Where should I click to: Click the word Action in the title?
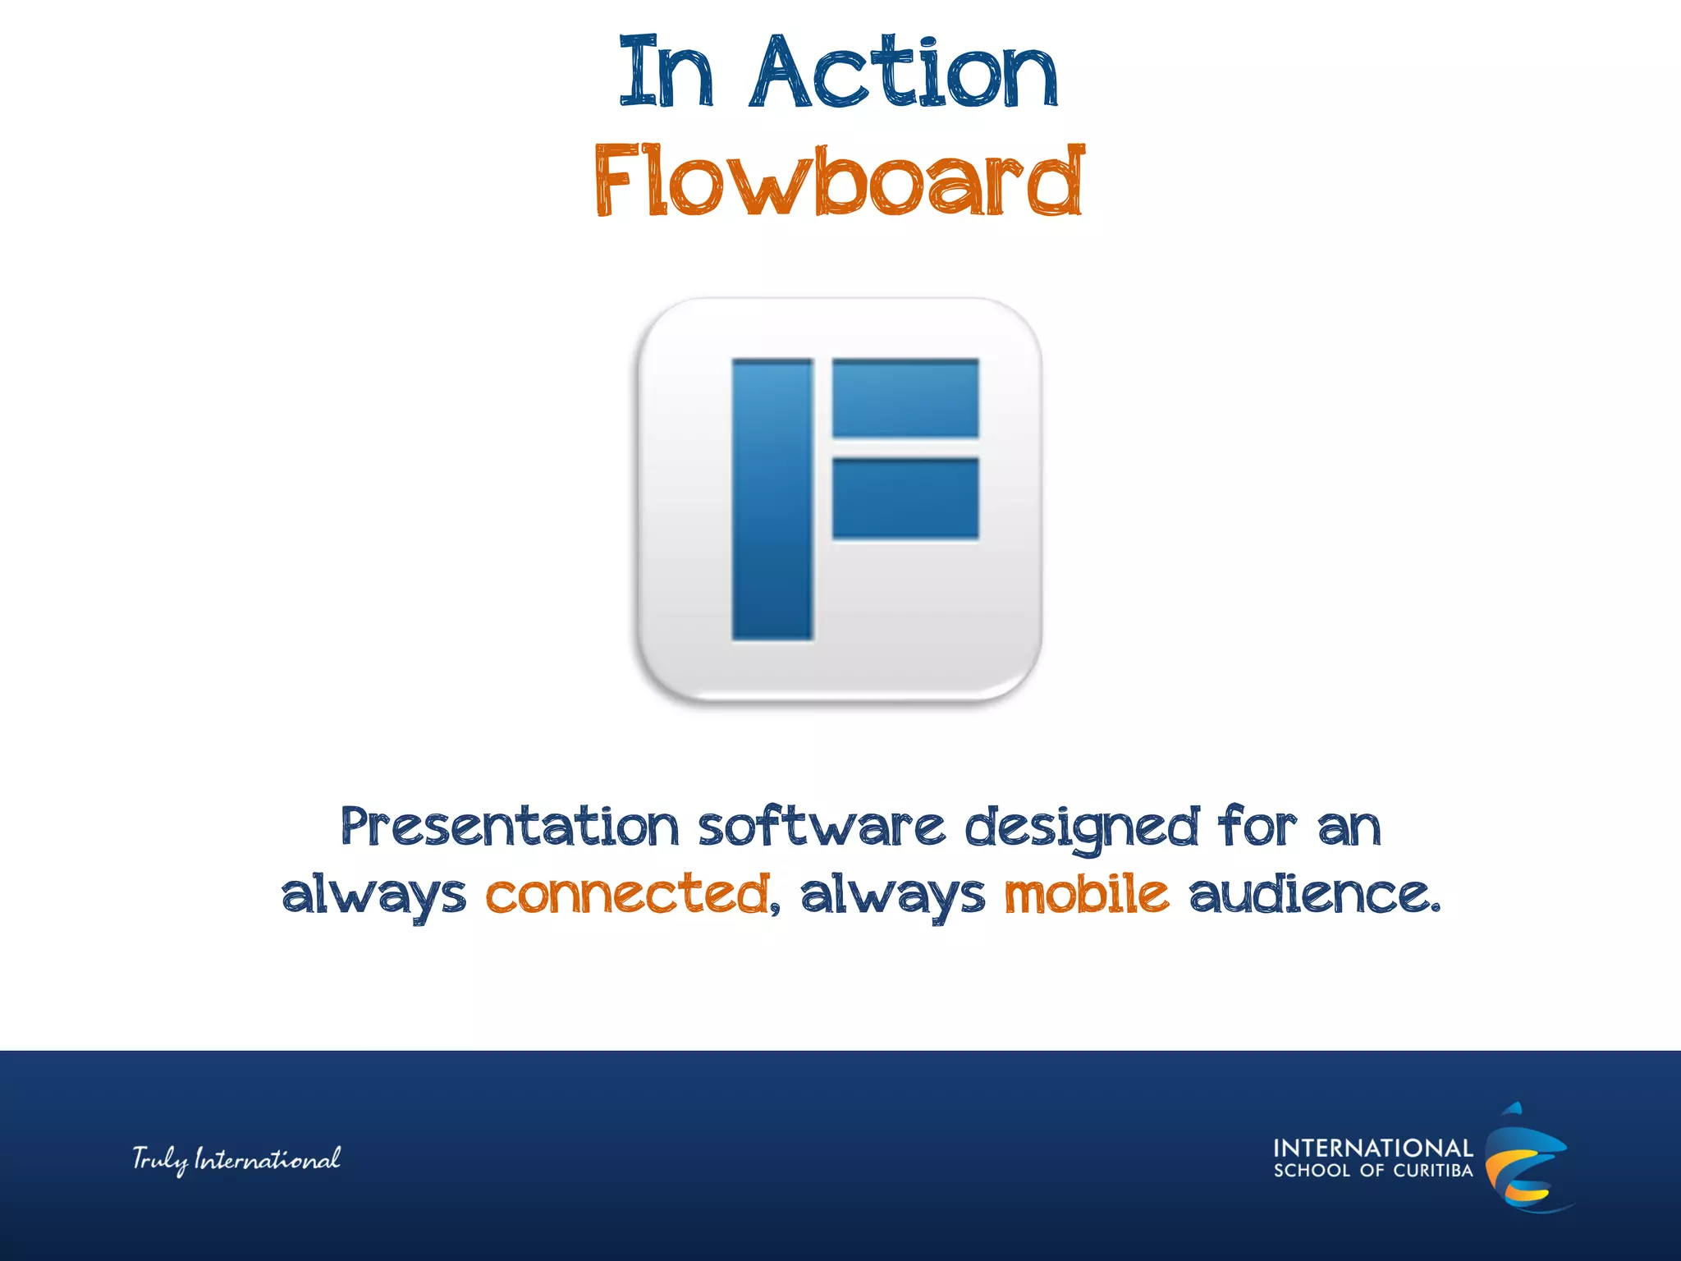pyautogui.click(x=903, y=74)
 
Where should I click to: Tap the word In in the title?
pyautogui.click(x=666, y=74)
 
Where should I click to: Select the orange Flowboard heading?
pyautogui.click(x=839, y=181)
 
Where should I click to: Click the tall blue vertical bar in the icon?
pyautogui.click(x=772, y=499)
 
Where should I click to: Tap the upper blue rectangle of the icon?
pyautogui.click(x=905, y=398)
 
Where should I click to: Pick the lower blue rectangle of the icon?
pyautogui.click(x=905, y=498)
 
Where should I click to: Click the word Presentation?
pyautogui.click(x=510, y=827)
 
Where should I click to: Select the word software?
pyautogui.click(x=822, y=827)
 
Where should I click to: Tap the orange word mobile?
pyautogui.click(x=1087, y=895)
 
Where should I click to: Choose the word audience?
pyautogui.click(x=1313, y=895)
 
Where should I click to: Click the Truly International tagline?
pyautogui.click(x=236, y=1159)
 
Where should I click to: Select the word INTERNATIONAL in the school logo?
pyautogui.click(x=1372, y=1148)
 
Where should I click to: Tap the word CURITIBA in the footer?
pyautogui.click(x=1433, y=1171)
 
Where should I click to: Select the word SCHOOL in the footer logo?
pyautogui.click(x=1312, y=1171)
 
